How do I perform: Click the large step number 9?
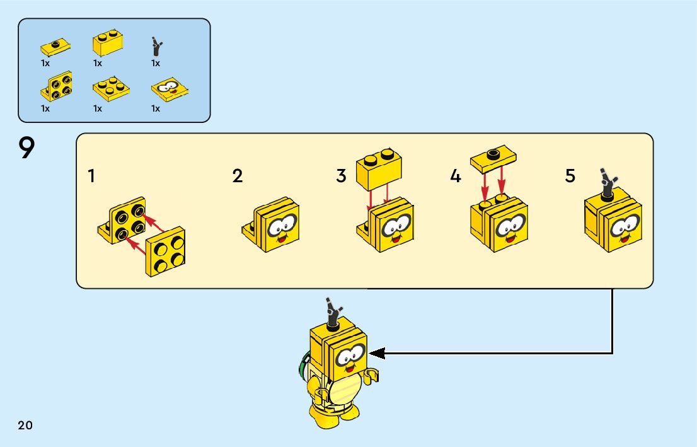(x=27, y=149)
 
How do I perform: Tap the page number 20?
(x=25, y=425)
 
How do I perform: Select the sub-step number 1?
(x=92, y=176)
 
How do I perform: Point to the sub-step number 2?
(x=237, y=176)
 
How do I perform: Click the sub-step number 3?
(x=341, y=176)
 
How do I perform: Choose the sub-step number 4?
(x=456, y=176)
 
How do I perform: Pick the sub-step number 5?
(x=570, y=176)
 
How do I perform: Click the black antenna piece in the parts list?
(x=156, y=46)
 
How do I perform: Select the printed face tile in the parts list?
(x=170, y=92)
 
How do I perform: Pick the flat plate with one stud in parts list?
(x=55, y=47)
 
